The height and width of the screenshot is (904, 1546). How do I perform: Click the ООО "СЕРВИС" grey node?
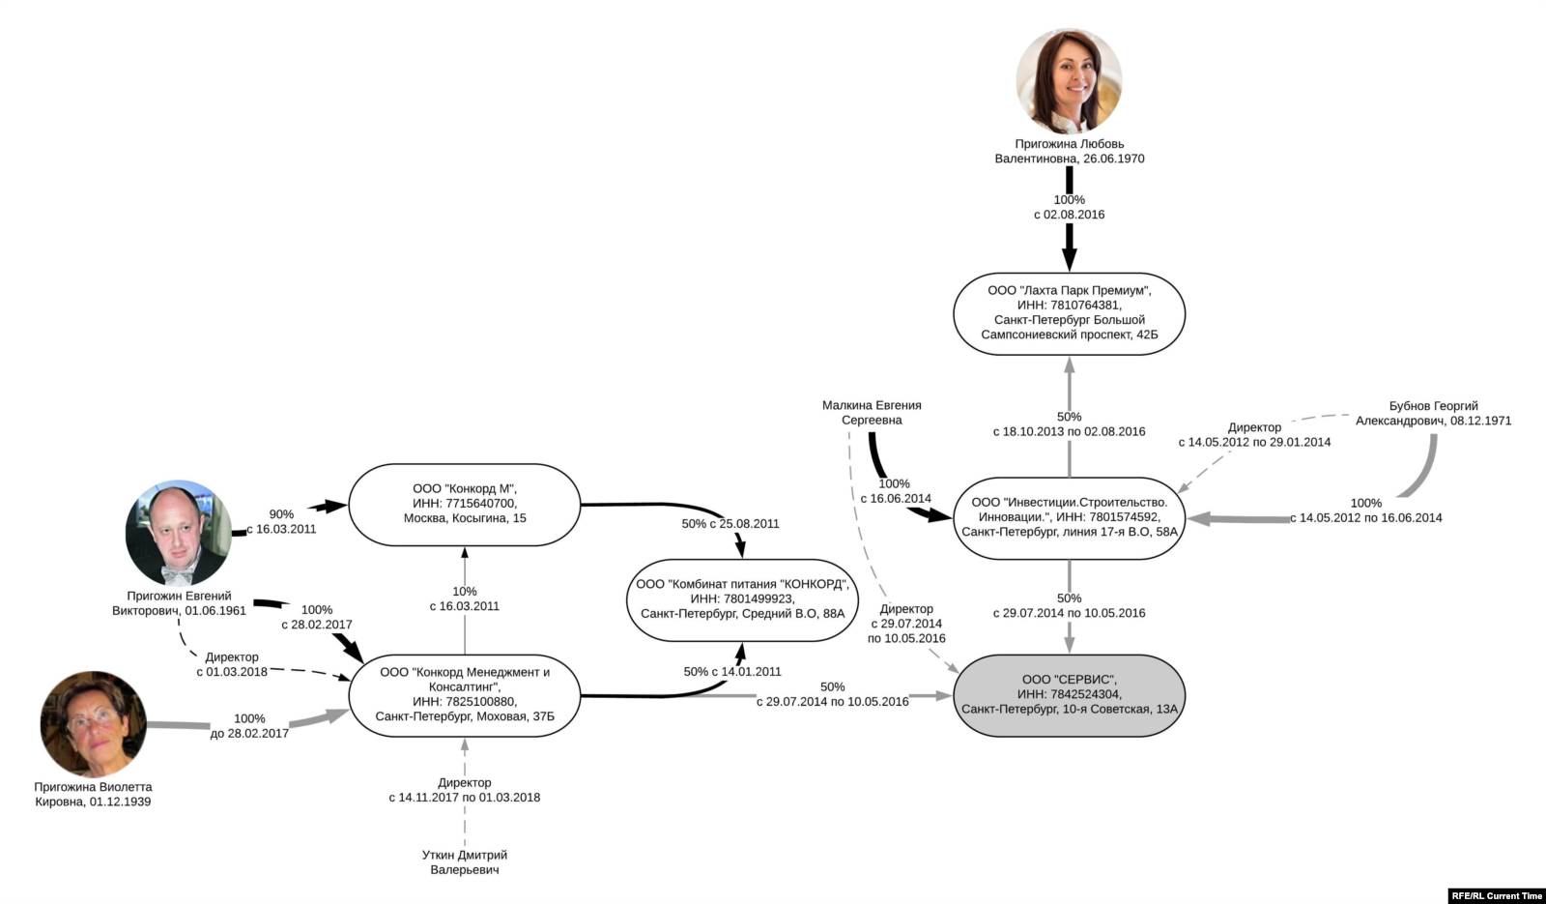[1069, 694]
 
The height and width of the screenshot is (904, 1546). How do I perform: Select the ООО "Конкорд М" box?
[464, 504]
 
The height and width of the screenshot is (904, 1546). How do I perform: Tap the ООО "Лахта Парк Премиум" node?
[1069, 313]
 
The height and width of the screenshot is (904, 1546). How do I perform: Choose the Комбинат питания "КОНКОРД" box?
[742, 598]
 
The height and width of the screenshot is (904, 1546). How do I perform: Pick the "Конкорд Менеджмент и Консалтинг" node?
[464, 694]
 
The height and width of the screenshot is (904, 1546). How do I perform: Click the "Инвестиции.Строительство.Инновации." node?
[1069, 517]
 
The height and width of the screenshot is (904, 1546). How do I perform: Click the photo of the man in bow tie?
[179, 533]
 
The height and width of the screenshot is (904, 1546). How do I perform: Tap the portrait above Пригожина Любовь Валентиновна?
[1069, 81]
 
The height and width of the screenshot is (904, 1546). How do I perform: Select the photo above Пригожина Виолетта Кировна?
[93, 724]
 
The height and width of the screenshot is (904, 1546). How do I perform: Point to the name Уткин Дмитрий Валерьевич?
[465, 862]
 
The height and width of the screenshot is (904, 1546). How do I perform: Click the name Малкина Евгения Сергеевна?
[872, 413]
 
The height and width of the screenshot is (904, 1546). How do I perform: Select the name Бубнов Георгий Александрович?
[1433, 413]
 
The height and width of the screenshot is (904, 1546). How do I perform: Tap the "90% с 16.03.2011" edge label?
[281, 522]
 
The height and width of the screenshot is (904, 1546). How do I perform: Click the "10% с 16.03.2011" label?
[465, 598]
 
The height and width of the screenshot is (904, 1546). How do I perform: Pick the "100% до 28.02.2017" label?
[249, 725]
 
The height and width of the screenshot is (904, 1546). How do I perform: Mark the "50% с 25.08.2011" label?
[730, 523]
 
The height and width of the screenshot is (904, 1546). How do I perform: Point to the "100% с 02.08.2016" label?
[1069, 207]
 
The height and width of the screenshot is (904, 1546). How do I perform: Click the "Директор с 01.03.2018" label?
[232, 664]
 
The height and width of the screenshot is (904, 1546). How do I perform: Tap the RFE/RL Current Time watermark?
[1497, 895]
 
